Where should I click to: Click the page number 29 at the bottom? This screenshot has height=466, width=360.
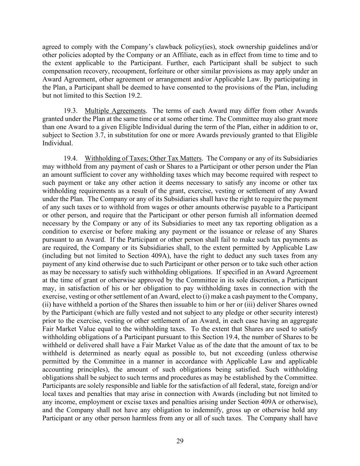(180, 441)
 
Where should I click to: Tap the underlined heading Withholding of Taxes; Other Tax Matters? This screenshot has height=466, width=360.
(143, 158)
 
